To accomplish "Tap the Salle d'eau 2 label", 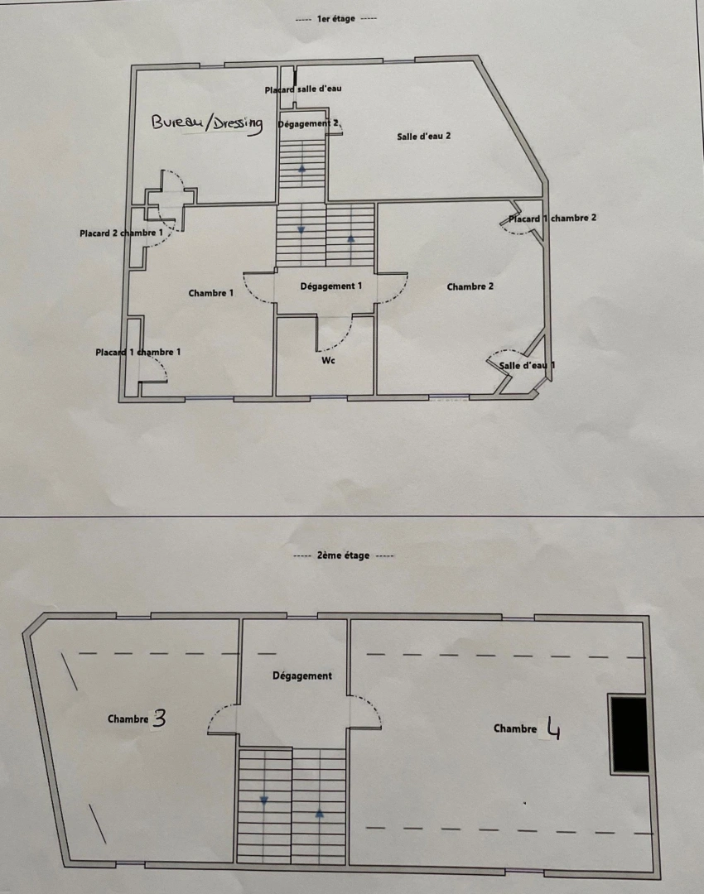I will (x=424, y=137).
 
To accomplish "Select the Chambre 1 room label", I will (x=211, y=293).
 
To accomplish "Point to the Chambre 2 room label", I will (x=470, y=287).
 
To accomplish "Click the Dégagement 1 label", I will (x=331, y=286).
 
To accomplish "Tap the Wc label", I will (x=329, y=360).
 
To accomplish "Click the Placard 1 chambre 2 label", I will (x=552, y=219).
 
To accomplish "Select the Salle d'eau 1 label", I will (x=527, y=365).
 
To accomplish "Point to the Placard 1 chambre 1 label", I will (x=138, y=352).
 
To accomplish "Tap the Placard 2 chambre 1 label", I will (x=122, y=233).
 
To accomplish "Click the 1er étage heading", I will (x=335, y=18).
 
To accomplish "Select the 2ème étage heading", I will (x=344, y=556).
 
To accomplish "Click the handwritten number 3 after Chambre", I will (x=160, y=719).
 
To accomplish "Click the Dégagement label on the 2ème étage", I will (x=302, y=676).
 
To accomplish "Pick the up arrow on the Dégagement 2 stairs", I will (x=301, y=168).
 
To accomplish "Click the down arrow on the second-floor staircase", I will (x=264, y=801).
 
